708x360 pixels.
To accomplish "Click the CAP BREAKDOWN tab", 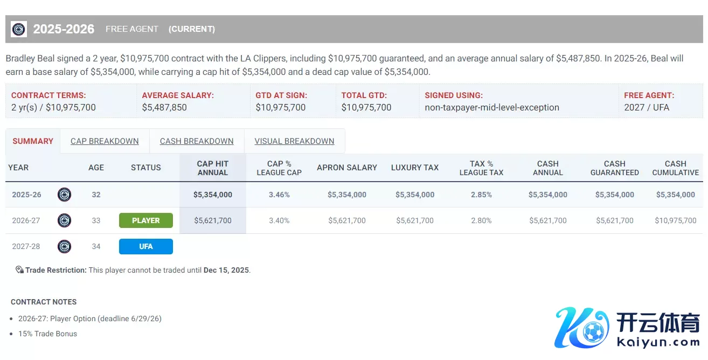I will (105, 141).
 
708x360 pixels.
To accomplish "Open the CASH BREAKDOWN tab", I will (197, 141).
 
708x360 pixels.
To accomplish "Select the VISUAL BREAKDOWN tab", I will (294, 141).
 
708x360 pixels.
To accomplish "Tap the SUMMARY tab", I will (33, 141).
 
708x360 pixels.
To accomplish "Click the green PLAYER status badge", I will (145, 220).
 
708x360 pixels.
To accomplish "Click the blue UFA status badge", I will (145, 246).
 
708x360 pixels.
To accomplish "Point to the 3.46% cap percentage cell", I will (279, 195).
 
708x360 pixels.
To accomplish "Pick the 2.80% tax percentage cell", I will (481, 220).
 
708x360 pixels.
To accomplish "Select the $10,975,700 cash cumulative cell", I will (675, 220).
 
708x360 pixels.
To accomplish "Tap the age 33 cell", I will (96, 220).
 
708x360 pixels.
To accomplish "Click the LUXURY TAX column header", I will (415, 168).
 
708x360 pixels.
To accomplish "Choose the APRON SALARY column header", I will (347, 168).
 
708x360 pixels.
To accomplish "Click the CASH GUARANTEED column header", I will (614, 168).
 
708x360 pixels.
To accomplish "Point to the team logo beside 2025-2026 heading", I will (19, 29).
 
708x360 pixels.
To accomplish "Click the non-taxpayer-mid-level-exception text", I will (491, 107).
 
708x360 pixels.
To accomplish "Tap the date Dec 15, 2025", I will (226, 270).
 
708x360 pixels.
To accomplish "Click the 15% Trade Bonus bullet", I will (47, 334).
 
